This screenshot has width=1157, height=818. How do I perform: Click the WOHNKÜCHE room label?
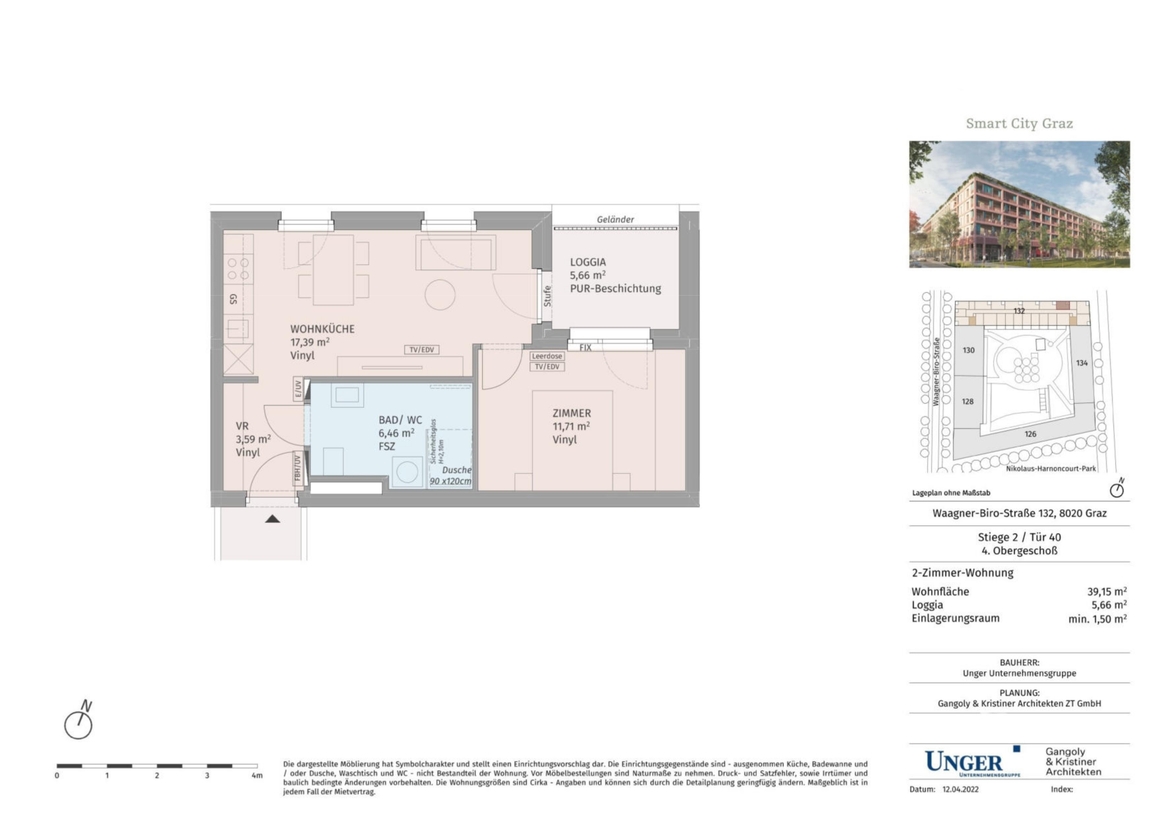click(322, 329)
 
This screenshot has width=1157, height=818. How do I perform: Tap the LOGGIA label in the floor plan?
click(587, 262)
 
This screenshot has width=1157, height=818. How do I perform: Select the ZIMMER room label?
click(572, 413)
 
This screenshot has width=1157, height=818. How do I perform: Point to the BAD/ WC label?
click(400, 420)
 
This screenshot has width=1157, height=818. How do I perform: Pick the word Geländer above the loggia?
click(615, 220)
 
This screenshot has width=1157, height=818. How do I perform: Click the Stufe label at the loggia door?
click(547, 296)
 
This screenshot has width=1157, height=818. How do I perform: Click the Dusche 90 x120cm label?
click(451, 475)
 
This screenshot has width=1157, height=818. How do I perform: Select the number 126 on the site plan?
click(1030, 434)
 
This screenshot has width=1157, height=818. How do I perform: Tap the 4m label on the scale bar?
click(257, 776)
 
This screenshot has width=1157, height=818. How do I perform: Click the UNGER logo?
click(972, 762)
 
